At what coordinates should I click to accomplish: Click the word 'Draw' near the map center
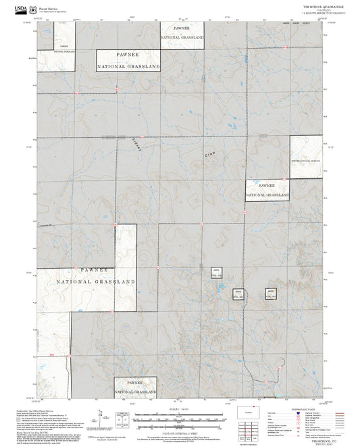tap(209, 155)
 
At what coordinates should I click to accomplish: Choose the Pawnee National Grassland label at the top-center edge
tap(182, 33)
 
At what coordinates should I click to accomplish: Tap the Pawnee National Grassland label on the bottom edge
tap(136, 387)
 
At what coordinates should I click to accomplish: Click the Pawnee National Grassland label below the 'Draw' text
tap(267, 190)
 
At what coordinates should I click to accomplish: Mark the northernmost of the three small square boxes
tap(216, 272)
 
